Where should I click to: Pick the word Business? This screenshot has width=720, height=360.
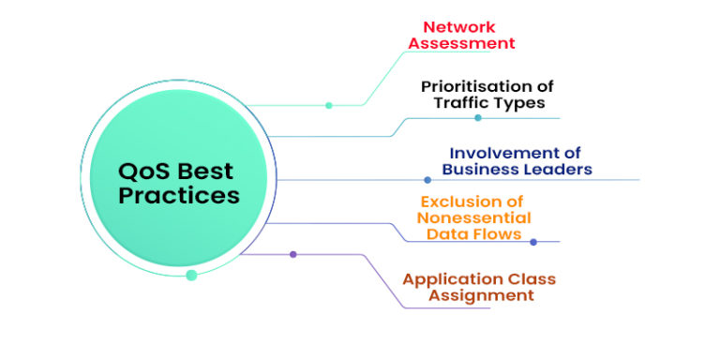[479, 170]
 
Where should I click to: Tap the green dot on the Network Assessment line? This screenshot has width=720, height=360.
[328, 105]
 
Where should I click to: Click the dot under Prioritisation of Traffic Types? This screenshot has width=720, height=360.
[477, 118]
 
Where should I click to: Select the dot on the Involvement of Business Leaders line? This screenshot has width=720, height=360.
[428, 180]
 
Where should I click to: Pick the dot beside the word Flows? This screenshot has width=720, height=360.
[533, 242]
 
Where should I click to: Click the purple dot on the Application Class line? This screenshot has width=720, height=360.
[292, 254]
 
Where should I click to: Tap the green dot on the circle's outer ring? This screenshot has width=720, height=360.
[191, 276]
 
